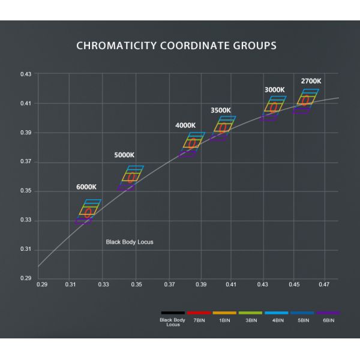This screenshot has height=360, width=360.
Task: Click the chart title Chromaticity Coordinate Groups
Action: coord(176,46)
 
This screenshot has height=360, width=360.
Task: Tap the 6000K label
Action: coord(86,187)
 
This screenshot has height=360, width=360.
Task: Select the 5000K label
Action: coord(124,155)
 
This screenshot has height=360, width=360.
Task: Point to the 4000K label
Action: coord(185,125)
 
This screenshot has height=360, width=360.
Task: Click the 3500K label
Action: coord(221,110)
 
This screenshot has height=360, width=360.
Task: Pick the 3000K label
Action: coord(274,90)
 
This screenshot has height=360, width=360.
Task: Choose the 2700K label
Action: coord(311,80)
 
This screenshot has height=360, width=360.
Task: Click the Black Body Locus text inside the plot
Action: coord(130,242)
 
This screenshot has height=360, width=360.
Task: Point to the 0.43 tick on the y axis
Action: coord(26,74)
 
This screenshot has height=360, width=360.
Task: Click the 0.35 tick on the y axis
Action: coord(26,191)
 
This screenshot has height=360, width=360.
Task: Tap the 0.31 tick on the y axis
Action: coord(26,250)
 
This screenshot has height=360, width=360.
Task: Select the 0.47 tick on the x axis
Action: coord(325,284)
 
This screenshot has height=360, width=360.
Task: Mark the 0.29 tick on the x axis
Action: coord(41,284)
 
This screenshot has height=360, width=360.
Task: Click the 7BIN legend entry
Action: coord(199,320)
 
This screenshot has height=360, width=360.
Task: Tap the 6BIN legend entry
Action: coord(329,320)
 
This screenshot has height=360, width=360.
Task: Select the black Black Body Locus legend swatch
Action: coord(173,313)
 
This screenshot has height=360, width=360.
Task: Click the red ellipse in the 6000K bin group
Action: coord(88,213)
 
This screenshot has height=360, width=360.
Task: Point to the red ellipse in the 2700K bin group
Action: coord(305,100)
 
